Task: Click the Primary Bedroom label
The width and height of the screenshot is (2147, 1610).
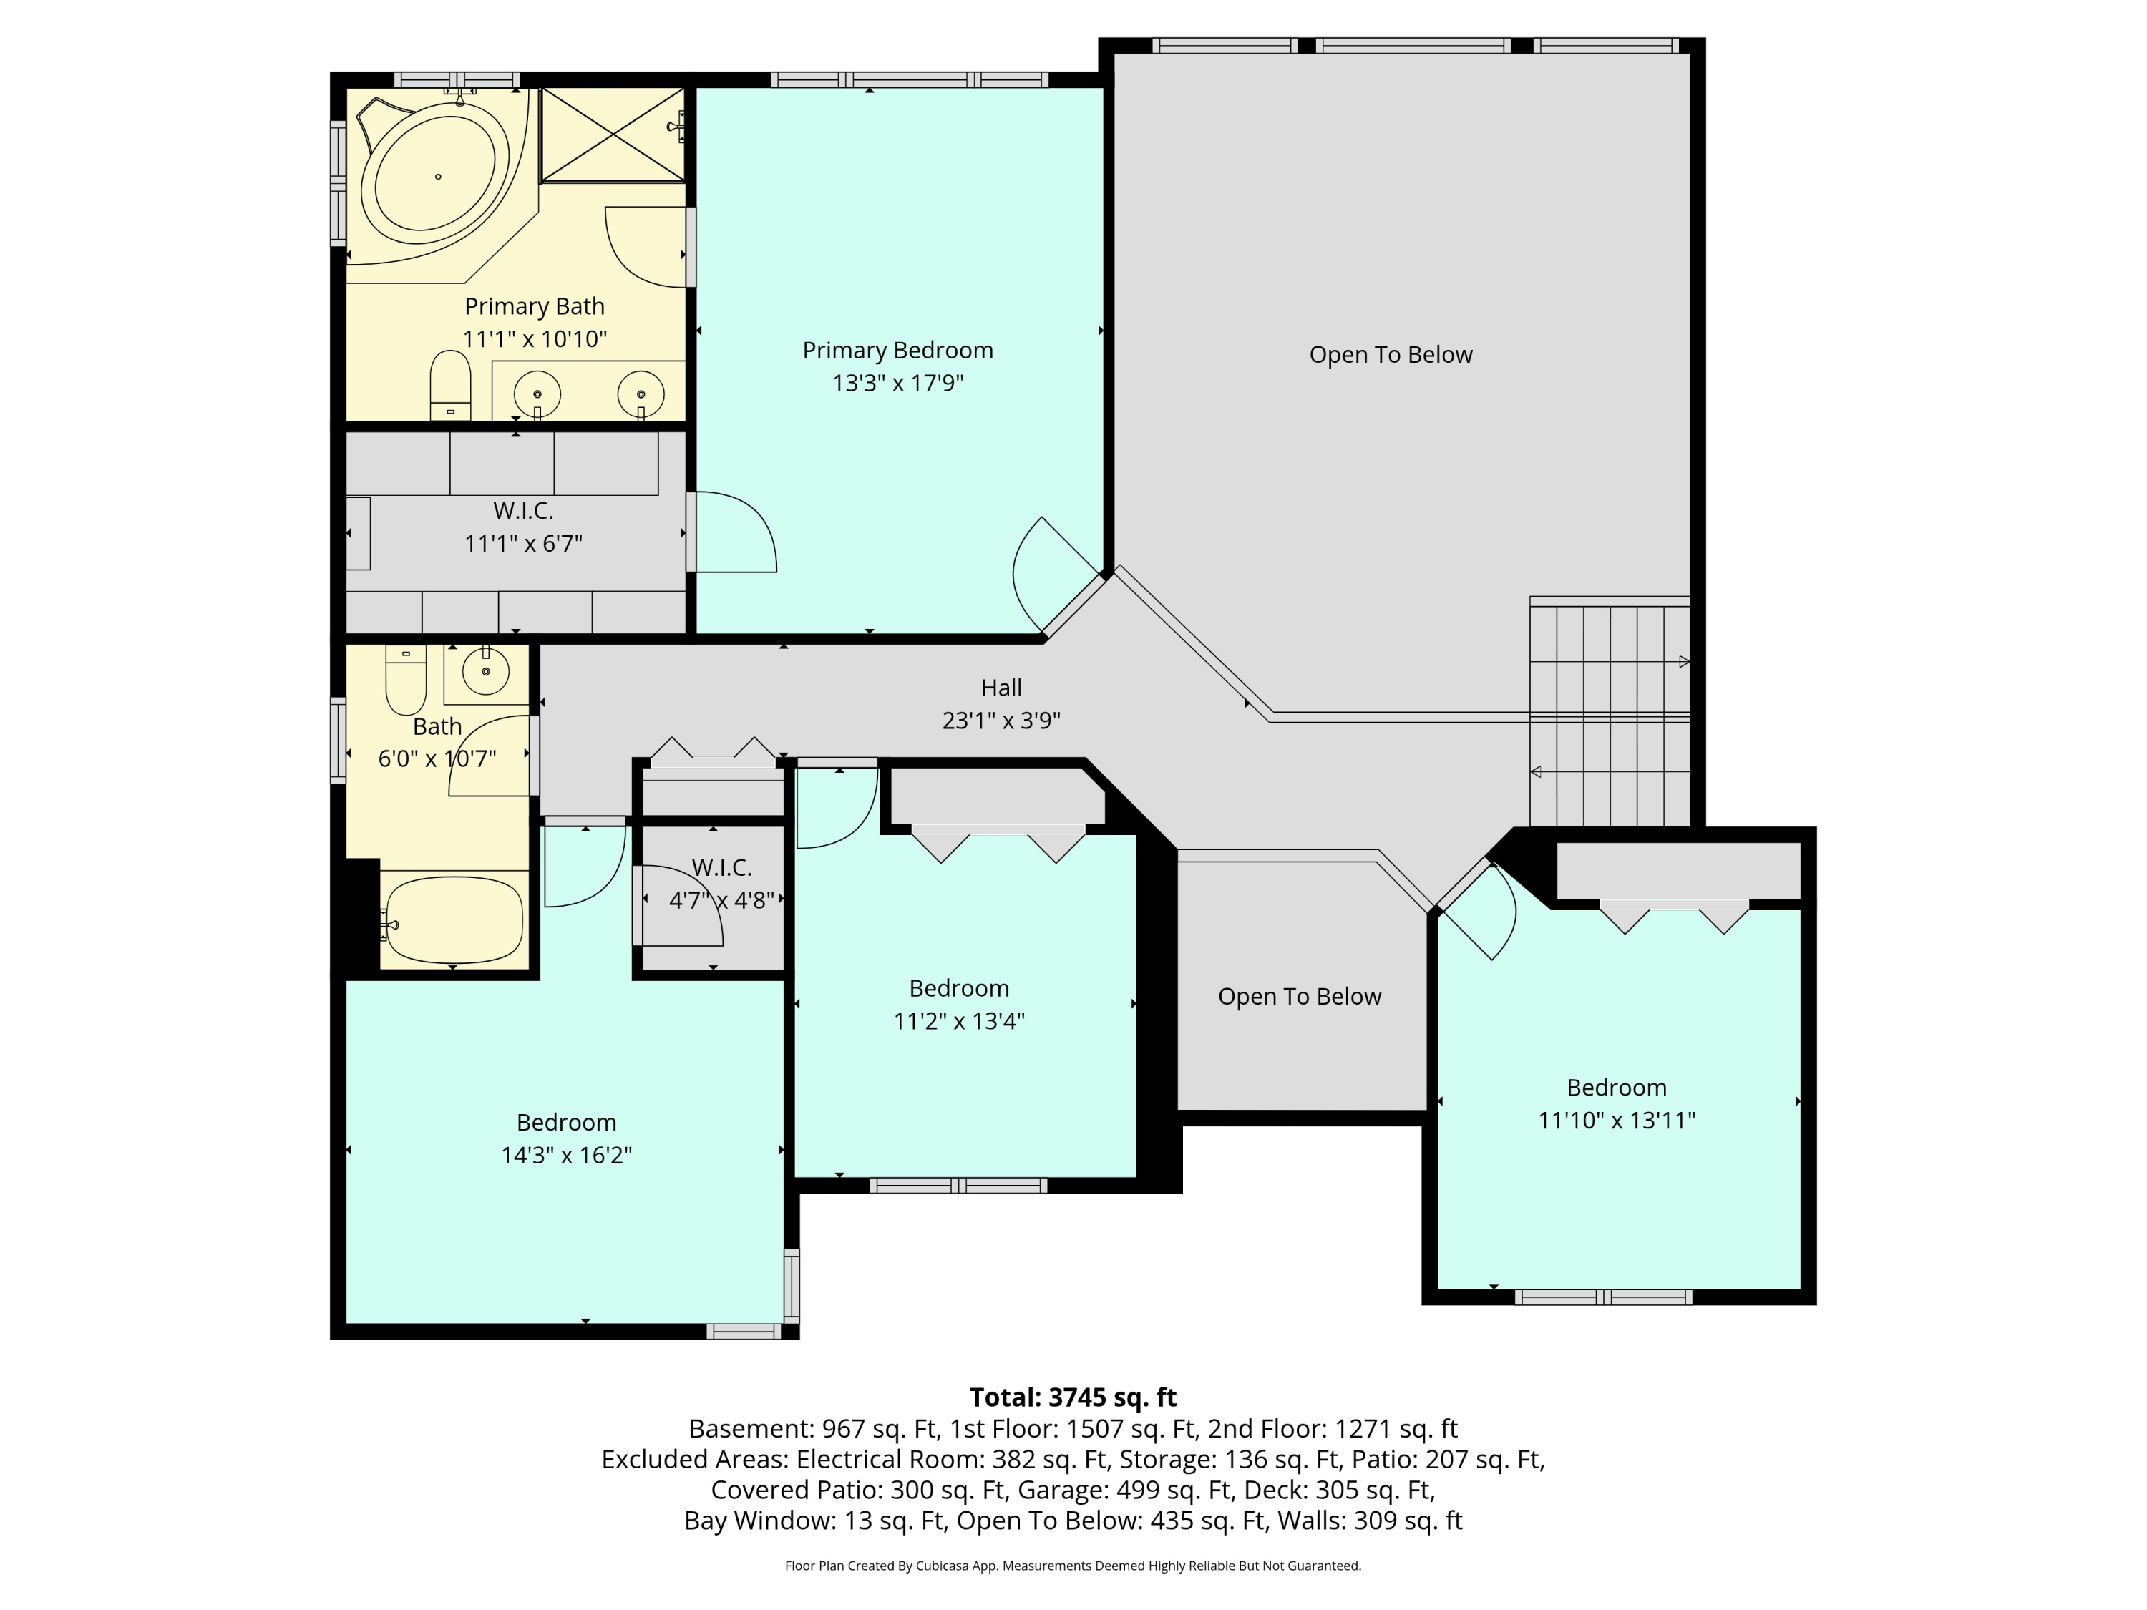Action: pyautogui.click(x=898, y=351)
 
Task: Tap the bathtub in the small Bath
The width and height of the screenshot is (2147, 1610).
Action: pyautogui.click(x=452, y=920)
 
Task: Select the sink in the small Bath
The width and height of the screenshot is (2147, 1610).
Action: pyautogui.click(x=485, y=670)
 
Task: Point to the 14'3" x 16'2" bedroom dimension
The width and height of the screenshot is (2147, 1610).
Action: pyautogui.click(x=566, y=1156)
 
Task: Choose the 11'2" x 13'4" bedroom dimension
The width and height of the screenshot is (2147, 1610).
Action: pyautogui.click(x=959, y=1022)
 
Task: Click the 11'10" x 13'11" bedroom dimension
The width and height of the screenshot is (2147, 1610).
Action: pyautogui.click(x=1616, y=1121)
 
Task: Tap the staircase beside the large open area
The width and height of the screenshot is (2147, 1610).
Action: pyautogui.click(x=1610, y=711)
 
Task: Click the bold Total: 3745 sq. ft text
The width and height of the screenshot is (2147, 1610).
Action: pyautogui.click(x=1073, y=1397)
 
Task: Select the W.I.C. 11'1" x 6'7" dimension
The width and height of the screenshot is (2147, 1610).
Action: pyautogui.click(x=523, y=543)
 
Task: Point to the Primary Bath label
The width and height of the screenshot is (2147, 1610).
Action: pyautogui.click(x=534, y=307)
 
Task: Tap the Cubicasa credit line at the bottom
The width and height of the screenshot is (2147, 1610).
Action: pyautogui.click(x=1073, y=1566)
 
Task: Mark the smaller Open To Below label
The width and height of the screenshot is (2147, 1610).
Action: pyautogui.click(x=1300, y=997)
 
